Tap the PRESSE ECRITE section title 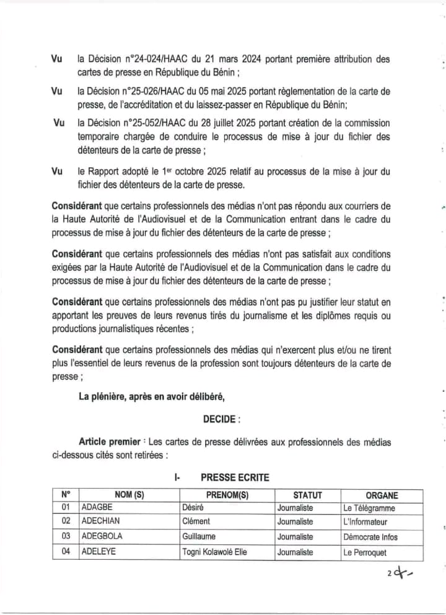235,477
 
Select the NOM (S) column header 129,495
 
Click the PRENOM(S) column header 227,495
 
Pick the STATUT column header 307,495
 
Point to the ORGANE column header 382,495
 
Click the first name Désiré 193,508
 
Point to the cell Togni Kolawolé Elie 214,552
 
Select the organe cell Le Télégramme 369,508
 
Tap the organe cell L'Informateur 365,522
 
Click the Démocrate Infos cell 370,537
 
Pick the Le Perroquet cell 365,552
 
